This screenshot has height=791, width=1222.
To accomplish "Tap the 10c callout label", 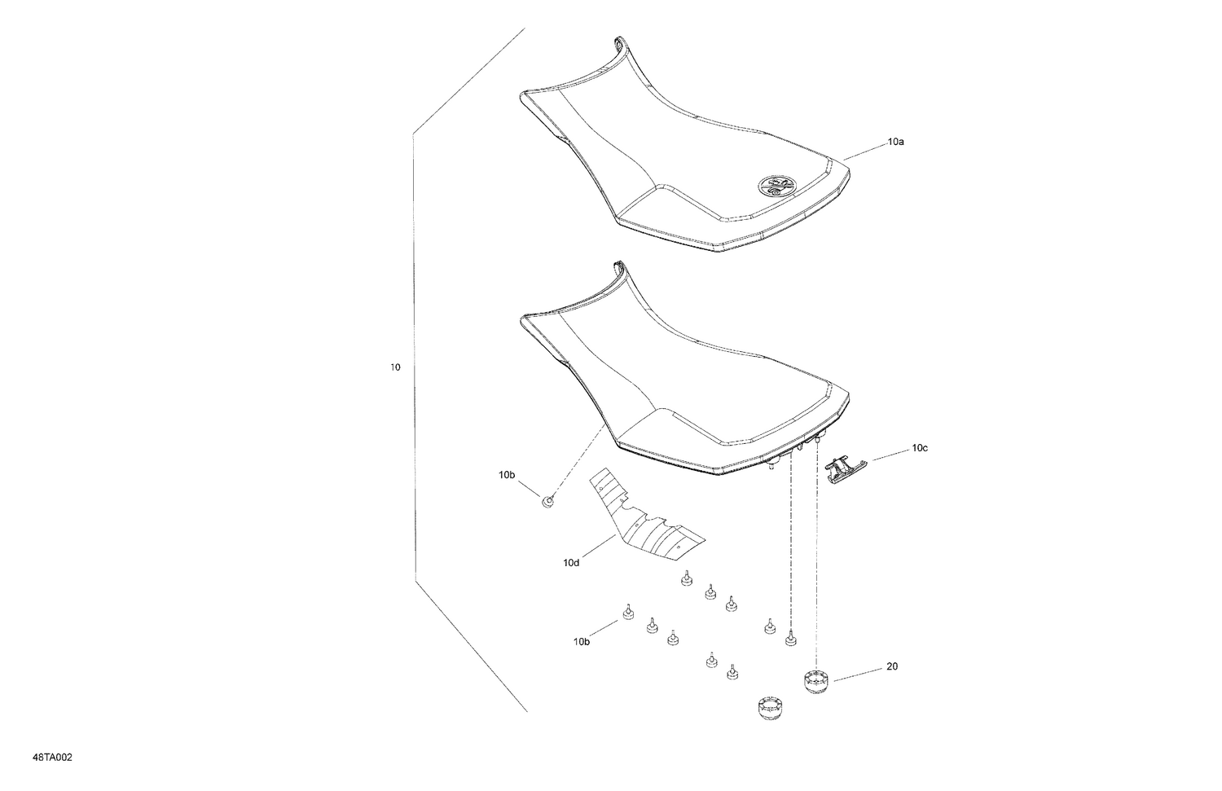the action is click(920, 448).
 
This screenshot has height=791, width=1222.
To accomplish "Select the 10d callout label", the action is click(570, 562).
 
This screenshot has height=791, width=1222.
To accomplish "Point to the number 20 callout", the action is click(892, 666).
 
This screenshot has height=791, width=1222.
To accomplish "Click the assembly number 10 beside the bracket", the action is click(395, 367).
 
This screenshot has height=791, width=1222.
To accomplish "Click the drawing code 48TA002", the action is click(53, 758).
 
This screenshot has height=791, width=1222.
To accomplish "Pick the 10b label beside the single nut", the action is click(507, 474).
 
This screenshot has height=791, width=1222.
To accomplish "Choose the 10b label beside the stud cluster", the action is click(581, 642).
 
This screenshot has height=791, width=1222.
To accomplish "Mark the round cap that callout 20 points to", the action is click(815, 680).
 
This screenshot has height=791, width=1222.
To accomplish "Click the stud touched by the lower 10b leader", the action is click(627, 613).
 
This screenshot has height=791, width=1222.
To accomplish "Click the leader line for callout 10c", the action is click(888, 455).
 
